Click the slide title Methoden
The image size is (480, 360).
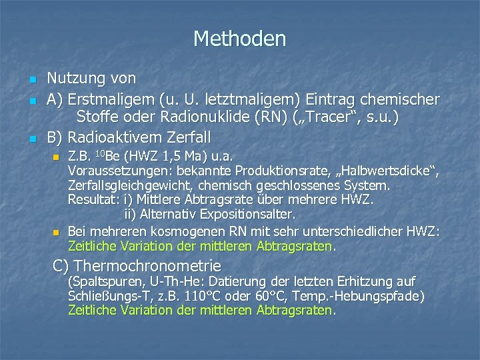click(239, 39)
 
